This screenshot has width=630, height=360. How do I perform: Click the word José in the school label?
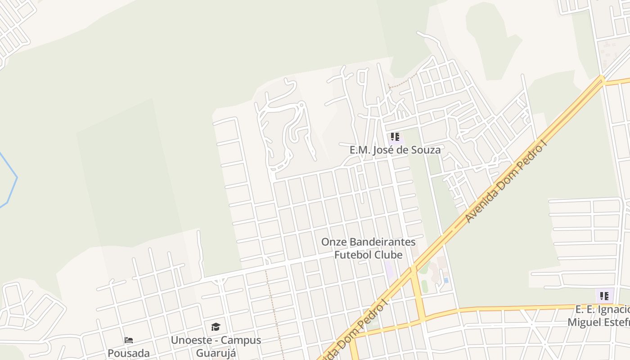pyautogui.click(x=383, y=150)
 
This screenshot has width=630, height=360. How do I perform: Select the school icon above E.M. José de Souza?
pyautogui.click(x=395, y=137)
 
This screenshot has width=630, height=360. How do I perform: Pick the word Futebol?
pyautogui.click(x=352, y=255)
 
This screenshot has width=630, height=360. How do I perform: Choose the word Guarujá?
pyautogui.click(x=216, y=352)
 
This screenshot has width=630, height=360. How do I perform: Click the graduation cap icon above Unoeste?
pyautogui.click(x=216, y=327)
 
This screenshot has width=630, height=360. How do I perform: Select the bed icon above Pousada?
pyautogui.click(x=129, y=340)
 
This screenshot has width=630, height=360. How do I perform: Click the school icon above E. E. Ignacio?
pyautogui.click(x=604, y=296)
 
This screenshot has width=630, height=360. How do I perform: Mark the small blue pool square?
pyautogui.click(x=445, y=280)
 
